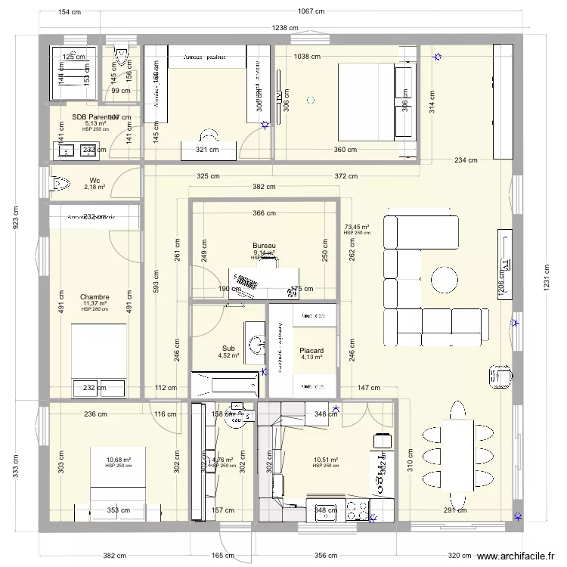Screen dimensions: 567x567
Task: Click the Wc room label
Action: (94, 180)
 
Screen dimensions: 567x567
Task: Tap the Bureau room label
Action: (264, 246)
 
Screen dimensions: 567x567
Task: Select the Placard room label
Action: (311, 351)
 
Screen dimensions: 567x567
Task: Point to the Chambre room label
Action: (94, 297)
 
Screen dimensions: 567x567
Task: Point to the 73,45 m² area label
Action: (356, 227)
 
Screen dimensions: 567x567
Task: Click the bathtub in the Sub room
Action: (225, 384)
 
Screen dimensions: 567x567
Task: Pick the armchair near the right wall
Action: (500, 376)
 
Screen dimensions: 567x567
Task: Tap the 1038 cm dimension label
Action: (307, 56)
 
